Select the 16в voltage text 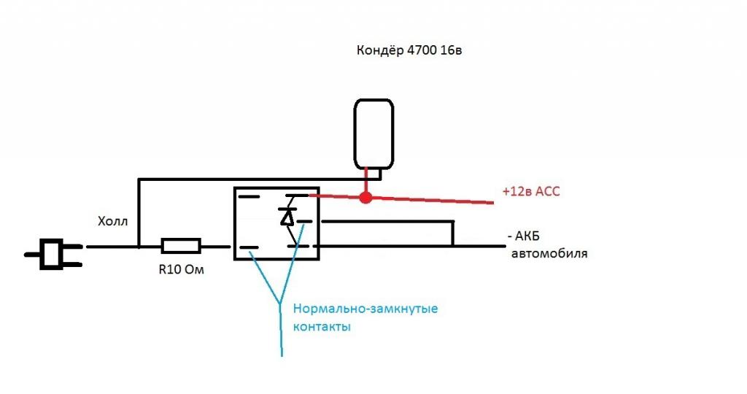tap(451, 51)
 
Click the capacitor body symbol tap(373, 134)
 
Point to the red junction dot tap(366, 197)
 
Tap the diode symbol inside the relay tap(287, 217)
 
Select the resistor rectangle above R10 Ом tap(180, 246)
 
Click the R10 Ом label tap(180, 269)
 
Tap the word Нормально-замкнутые tap(365, 309)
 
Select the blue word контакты tap(322, 327)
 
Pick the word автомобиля tap(549, 254)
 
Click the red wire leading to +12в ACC tap(438, 199)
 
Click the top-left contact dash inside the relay tap(249, 196)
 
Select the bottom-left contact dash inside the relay tap(249, 247)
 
